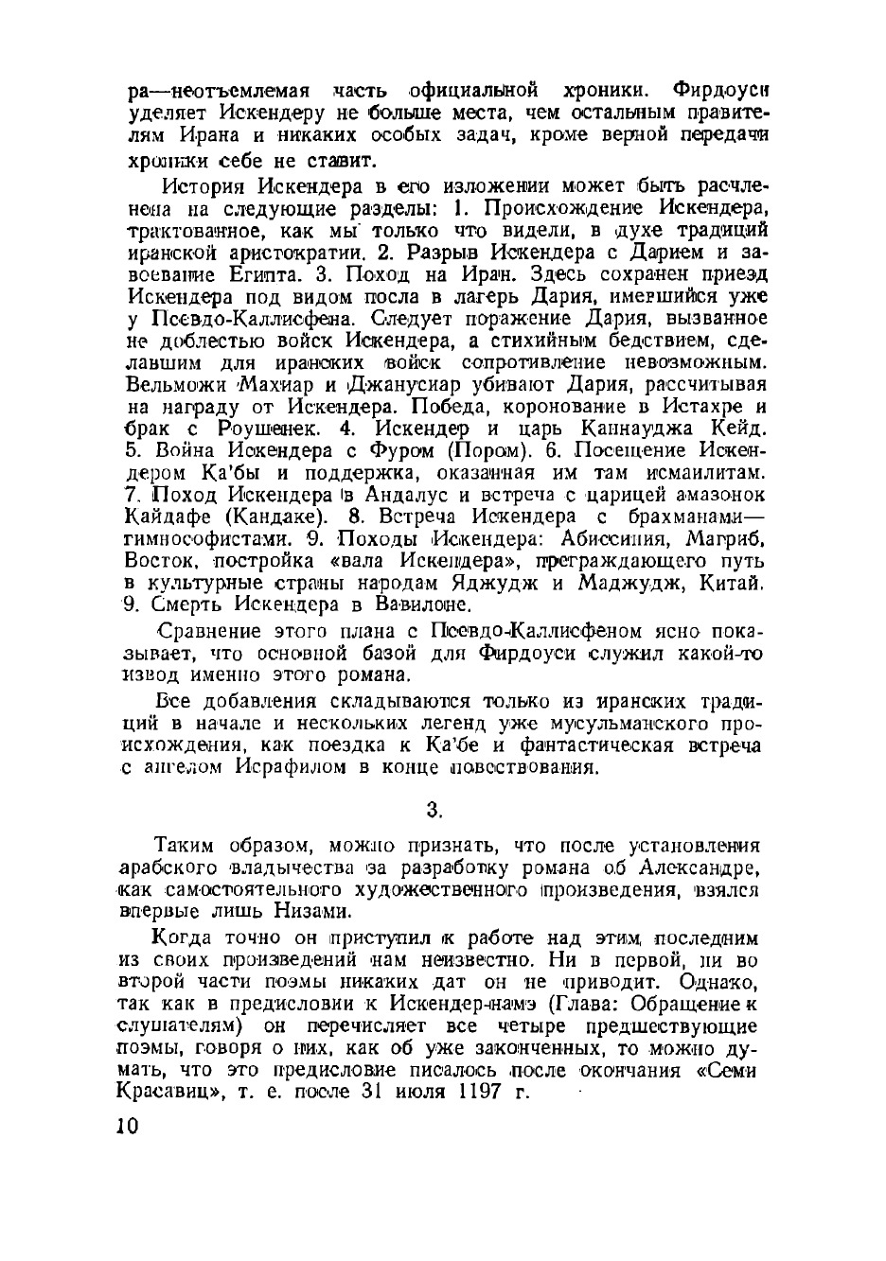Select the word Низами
291,911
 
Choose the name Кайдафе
173,517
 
